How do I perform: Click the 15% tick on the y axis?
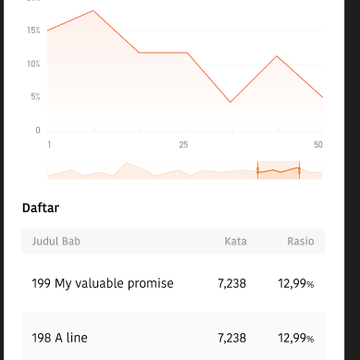click(x=34, y=31)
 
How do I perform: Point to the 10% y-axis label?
click(x=34, y=64)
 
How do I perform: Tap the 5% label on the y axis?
click(x=35, y=97)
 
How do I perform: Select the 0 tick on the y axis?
click(x=38, y=130)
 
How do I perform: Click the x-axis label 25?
click(x=183, y=145)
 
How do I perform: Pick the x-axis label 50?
click(x=318, y=145)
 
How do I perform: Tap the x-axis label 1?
click(x=49, y=145)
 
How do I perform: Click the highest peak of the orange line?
click(x=93, y=11)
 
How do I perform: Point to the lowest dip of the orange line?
click(x=230, y=102)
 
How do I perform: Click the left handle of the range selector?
click(x=257, y=171)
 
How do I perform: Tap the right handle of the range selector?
click(x=299, y=171)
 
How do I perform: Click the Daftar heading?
click(x=41, y=208)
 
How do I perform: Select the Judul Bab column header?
click(x=56, y=241)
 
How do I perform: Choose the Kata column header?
click(x=236, y=241)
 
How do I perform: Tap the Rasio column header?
click(x=301, y=241)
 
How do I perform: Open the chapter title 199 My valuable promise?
click(x=103, y=284)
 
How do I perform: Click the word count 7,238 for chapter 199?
click(x=232, y=284)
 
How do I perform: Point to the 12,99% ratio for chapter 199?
click(x=296, y=284)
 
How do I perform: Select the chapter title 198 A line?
click(x=60, y=338)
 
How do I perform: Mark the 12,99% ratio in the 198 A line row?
click(x=296, y=338)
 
